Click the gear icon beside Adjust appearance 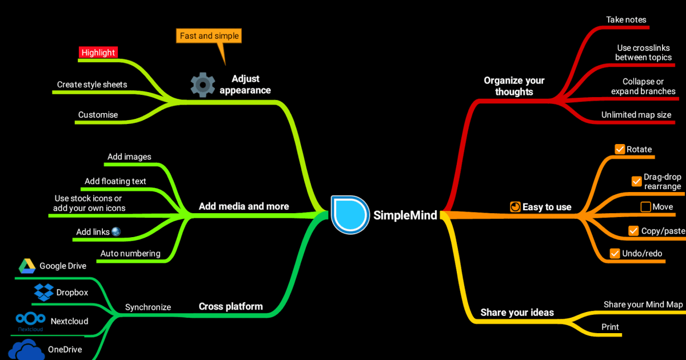(x=202, y=85)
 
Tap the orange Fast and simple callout (x=209, y=36)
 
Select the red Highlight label (x=98, y=53)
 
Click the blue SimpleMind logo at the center (x=349, y=214)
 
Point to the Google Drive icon (x=26, y=266)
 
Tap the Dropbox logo (x=44, y=292)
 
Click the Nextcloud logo (x=31, y=321)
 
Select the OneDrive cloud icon (x=27, y=349)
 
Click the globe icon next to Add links (x=116, y=231)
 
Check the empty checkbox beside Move (x=645, y=207)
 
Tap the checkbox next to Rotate (x=620, y=149)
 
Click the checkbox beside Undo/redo (x=615, y=253)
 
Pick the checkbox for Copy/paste (x=633, y=231)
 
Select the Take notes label (x=626, y=19)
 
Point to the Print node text (x=610, y=327)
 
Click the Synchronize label (x=148, y=307)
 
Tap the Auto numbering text (x=130, y=253)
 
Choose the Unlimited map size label (x=636, y=115)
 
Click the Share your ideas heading (x=517, y=312)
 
